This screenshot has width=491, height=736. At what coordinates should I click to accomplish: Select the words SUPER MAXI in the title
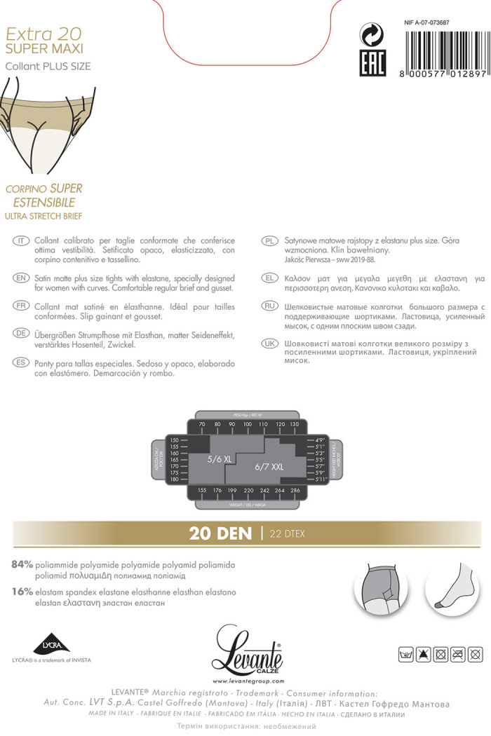(x=44, y=48)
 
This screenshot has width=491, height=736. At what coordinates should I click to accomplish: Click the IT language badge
(x=21, y=240)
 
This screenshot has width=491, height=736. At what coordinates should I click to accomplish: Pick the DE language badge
(x=21, y=333)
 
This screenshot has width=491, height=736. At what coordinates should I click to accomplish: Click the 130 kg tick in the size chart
(x=294, y=425)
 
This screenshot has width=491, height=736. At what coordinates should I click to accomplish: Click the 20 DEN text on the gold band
(x=220, y=533)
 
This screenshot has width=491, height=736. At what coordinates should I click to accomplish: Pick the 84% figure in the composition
(x=22, y=564)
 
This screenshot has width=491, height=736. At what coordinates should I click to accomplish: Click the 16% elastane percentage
(x=22, y=592)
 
